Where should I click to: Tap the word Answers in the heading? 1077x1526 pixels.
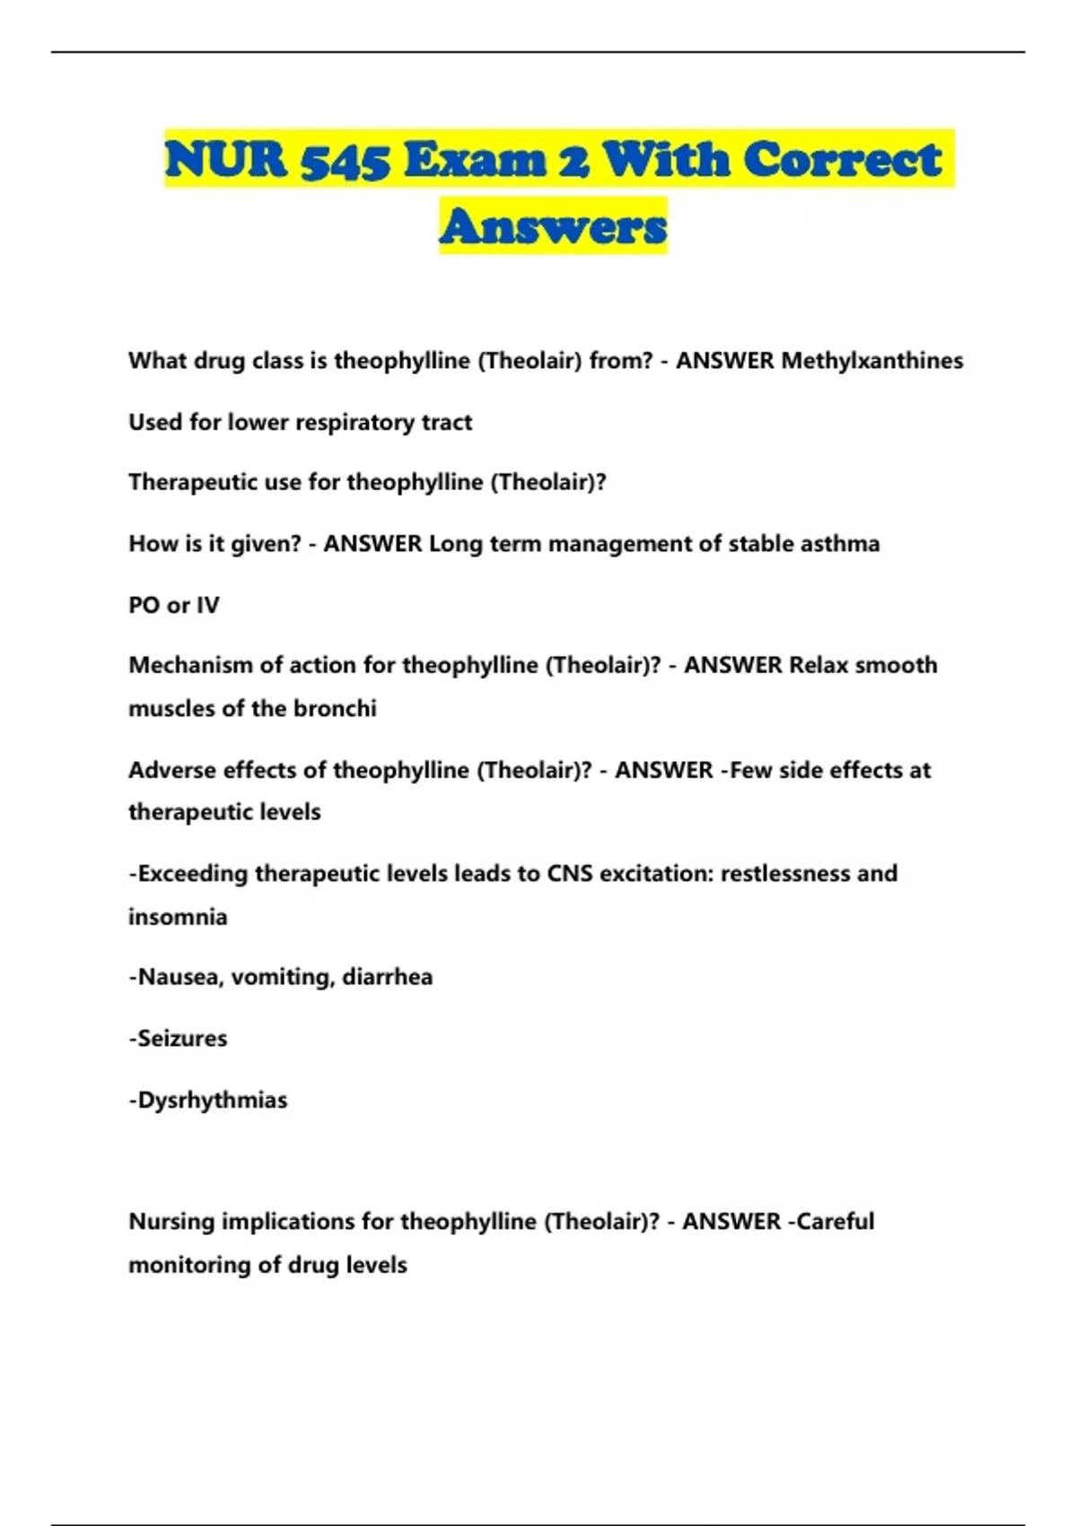tap(553, 226)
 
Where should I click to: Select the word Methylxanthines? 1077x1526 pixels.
tap(872, 361)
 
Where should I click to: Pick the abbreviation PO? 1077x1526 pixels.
tap(144, 606)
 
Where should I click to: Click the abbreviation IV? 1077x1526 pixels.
tap(207, 606)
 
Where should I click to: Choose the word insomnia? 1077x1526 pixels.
tap(178, 917)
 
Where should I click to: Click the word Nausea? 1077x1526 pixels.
tap(179, 978)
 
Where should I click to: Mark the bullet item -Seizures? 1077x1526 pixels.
tap(178, 1039)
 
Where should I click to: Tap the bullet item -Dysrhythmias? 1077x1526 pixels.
tap(208, 1101)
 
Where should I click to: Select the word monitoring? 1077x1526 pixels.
tap(189, 1266)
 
